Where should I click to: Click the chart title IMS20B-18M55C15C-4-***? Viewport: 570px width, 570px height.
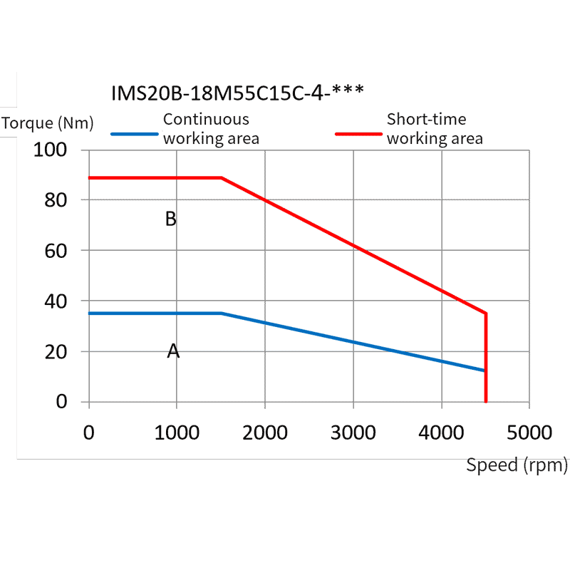(x=238, y=93)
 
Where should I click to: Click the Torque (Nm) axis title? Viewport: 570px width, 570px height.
(x=48, y=123)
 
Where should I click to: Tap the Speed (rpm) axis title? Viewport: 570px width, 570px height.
(x=517, y=465)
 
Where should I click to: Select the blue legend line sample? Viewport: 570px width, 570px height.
(x=135, y=133)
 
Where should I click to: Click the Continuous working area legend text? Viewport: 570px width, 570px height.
(x=211, y=129)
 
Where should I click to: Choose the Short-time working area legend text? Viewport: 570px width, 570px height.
(x=434, y=129)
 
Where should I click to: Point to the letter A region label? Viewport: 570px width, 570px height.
(x=173, y=351)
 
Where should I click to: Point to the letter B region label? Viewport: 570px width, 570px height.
(x=171, y=219)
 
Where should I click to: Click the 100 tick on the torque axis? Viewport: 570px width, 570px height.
(x=51, y=150)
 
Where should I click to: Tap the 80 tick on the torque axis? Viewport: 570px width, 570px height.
(x=56, y=200)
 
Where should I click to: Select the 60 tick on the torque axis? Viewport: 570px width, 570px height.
(x=56, y=251)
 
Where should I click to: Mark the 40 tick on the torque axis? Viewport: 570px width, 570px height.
(x=56, y=301)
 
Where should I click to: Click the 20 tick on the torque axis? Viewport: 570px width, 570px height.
(x=56, y=352)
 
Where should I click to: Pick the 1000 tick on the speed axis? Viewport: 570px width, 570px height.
(x=177, y=432)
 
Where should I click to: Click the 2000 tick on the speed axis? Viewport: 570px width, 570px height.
(x=265, y=432)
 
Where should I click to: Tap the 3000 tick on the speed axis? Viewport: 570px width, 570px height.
(x=353, y=432)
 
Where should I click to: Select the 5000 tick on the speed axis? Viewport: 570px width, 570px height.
(x=529, y=432)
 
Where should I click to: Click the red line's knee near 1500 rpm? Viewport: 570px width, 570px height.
(x=222, y=177)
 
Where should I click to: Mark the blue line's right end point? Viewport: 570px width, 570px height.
(x=484, y=370)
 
